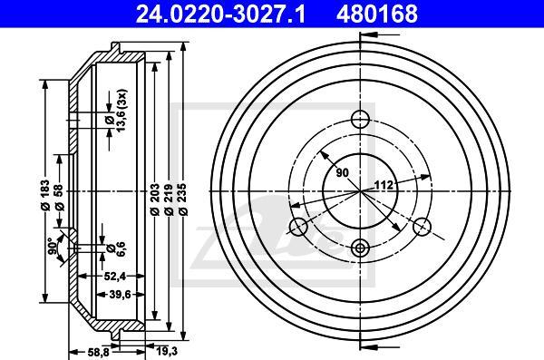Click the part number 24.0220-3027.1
(220, 14)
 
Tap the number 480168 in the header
(376, 14)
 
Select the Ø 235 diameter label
(183, 199)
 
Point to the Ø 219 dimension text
(169, 199)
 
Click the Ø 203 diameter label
(155, 199)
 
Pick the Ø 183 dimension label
(45, 195)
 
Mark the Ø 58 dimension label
(59, 197)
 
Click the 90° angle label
(53, 246)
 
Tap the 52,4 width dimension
(115, 276)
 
